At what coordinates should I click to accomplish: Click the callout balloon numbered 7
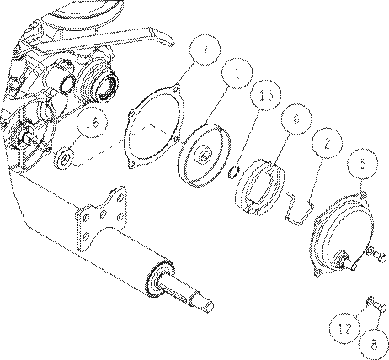205,50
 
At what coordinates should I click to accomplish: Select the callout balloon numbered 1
237,74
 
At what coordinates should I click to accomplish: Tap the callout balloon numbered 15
266,96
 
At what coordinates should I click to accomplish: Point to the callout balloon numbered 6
296,119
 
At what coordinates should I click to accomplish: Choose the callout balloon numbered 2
327,143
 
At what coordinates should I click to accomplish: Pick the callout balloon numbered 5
363,164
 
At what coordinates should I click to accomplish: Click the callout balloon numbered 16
93,123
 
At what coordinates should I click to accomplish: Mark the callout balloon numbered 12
345,328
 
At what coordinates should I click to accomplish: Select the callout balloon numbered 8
374,344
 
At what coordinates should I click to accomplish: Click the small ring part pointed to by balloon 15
233,172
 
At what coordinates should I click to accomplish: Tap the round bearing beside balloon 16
64,159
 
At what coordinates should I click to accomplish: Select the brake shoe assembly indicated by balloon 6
259,188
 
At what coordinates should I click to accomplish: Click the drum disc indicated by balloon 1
205,155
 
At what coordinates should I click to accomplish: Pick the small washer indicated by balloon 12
370,301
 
